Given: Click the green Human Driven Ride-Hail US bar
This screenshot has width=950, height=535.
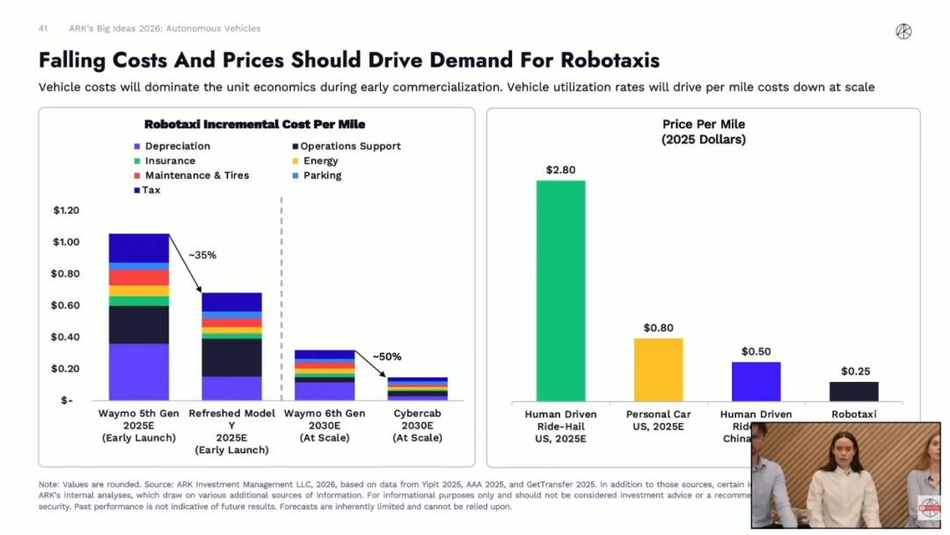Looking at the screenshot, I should click(560, 290).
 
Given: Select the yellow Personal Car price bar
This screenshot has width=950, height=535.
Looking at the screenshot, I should click(658, 370).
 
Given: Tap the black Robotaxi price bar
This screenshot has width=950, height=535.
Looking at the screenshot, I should click(853, 392).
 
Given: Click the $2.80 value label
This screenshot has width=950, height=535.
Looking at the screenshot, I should click(560, 170).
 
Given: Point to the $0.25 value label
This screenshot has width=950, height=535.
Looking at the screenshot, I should click(854, 371).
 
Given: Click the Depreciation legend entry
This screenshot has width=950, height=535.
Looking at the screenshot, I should click(177, 146).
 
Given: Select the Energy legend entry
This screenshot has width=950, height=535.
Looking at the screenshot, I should click(320, 161).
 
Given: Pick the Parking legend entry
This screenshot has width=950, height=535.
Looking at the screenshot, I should click(322, 175).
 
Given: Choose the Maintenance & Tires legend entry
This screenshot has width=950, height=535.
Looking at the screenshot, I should click(196, 175).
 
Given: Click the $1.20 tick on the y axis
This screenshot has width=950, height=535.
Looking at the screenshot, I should click(66, 210).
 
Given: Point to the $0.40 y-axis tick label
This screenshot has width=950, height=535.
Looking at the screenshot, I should click(66, 337).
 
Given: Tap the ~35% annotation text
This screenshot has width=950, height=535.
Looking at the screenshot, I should click(201, 255).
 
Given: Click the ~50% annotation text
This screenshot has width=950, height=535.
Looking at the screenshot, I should click(386, 356).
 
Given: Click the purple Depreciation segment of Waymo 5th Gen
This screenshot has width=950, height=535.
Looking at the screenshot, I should click(139, 371).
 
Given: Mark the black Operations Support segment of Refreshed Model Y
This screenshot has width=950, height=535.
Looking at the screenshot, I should click(231, 357).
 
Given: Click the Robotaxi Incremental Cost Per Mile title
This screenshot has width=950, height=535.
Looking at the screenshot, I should click(254, 125).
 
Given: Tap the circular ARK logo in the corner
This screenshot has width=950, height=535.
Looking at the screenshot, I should click(903, 32).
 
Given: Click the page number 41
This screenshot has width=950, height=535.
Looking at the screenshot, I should click(42, 28).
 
